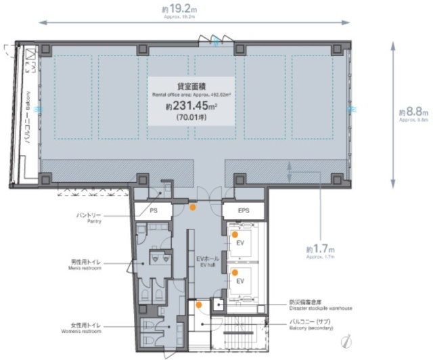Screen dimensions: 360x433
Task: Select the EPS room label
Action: pos(244,211)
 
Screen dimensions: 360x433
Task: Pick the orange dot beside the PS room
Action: pos(193,207)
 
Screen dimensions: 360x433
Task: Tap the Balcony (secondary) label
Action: pos(311,323)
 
